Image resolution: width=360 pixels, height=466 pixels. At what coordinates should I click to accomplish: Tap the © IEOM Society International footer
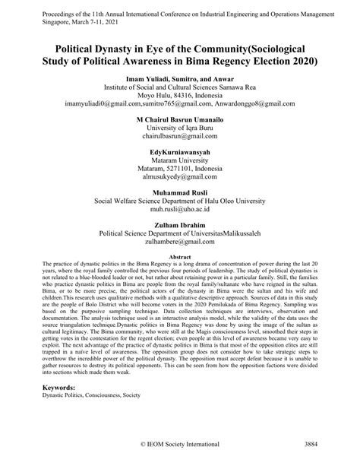(x=180, y=443)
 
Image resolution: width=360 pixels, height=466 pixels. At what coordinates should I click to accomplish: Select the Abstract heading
(x=180, y=258)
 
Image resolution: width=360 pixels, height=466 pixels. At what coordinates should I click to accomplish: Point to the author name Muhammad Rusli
(x=180, y=213)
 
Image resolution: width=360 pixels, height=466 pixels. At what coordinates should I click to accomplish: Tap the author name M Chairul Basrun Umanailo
(x=180, y=119)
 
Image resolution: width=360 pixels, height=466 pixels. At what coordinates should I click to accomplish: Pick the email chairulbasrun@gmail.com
(x=180, y=140)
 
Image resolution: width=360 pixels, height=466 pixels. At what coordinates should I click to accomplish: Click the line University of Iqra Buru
(x=180, y=130)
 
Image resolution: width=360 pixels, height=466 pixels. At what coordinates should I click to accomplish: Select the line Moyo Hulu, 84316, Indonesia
(x=180, y=97)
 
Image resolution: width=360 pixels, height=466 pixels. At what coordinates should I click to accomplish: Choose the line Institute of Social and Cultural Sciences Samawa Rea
(x=180, y=87)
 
